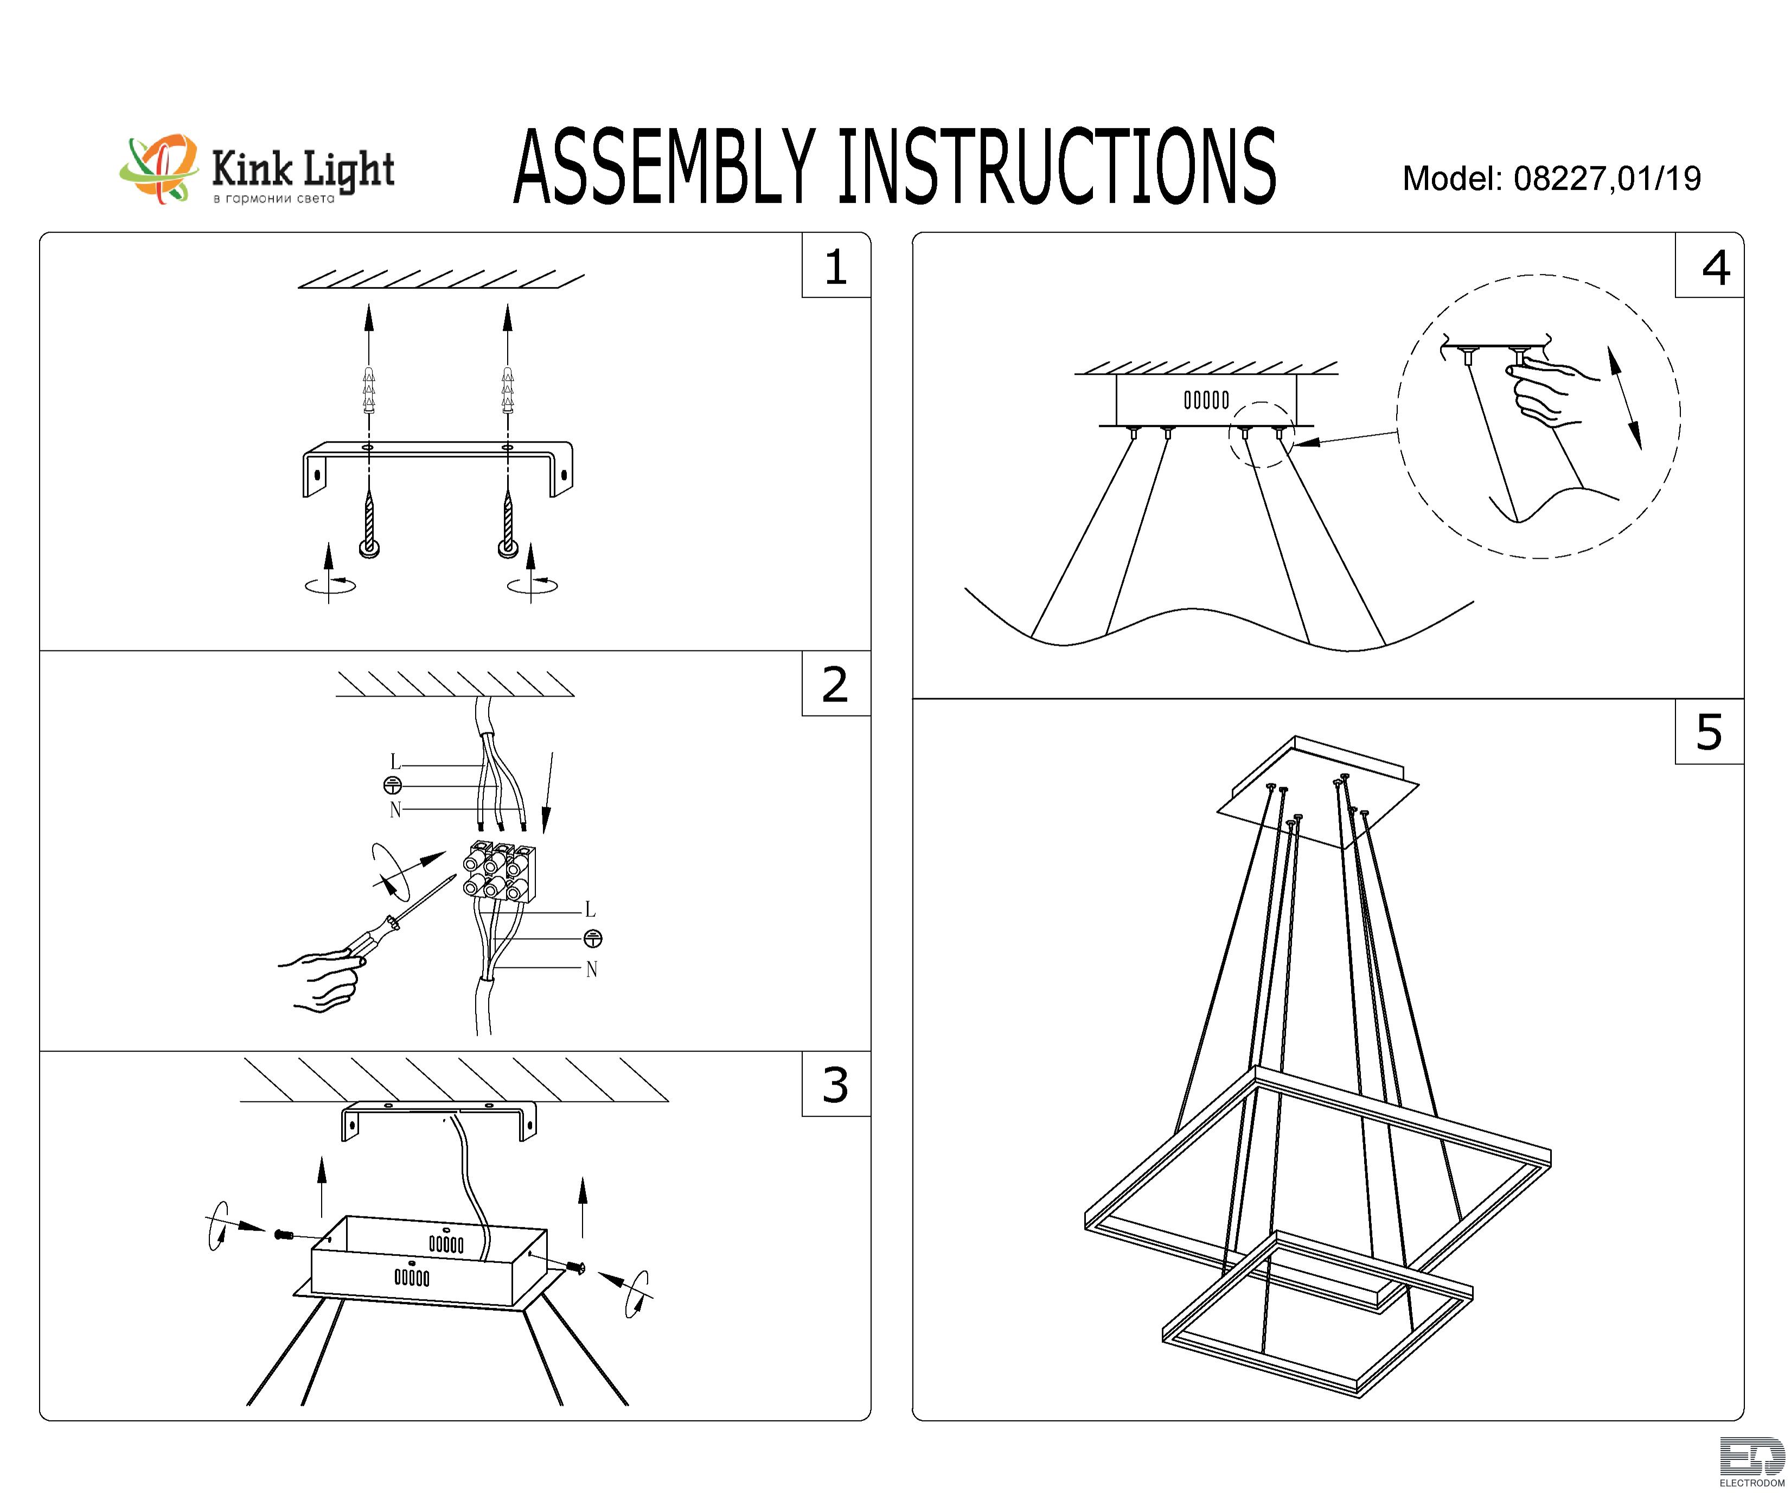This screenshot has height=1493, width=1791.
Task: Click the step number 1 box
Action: click(x=836, y=265)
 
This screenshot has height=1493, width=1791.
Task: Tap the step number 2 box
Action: click(x=836, y=684)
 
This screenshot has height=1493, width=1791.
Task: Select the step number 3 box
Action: click(x=836, y=1083)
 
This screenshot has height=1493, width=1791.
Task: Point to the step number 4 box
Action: click(x=1709, y=265)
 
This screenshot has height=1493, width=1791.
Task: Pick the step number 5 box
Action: click(x=1709, y=731)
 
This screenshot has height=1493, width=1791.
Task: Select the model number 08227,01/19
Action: click(x=1608, y=178)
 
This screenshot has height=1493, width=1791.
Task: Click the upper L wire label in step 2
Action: click(x=395, y=762)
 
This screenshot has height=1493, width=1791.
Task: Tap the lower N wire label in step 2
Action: click(x=591, y=969)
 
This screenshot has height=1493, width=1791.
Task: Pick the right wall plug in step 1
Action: click(x=508, y=391)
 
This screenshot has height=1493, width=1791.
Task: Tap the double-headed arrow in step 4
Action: click(x=1624, y=398)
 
